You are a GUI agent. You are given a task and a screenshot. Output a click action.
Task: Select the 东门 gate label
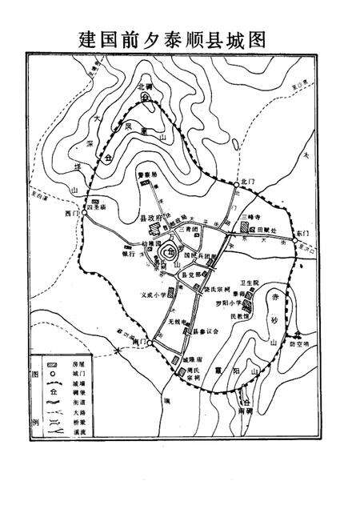(301, 231)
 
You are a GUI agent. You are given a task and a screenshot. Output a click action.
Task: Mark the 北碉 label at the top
(144, 86)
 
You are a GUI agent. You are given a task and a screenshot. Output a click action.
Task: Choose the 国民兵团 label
(200, 256)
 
